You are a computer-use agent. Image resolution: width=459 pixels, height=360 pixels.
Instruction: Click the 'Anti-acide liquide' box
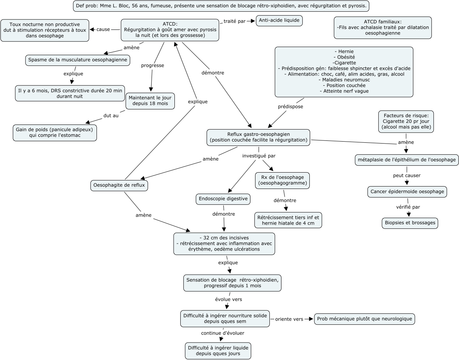click(279, 21)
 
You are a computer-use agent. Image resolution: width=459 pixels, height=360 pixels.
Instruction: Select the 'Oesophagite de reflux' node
click(119, 185)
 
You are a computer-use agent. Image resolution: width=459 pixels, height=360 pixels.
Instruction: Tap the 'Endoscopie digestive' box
click(223, 199)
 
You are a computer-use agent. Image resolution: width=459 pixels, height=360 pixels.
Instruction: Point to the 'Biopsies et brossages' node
click(409, 223)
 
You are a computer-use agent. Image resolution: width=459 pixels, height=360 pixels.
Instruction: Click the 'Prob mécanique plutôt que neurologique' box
click(364, 319)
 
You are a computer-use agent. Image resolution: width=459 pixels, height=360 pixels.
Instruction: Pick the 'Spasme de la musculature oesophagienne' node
click(78, 60)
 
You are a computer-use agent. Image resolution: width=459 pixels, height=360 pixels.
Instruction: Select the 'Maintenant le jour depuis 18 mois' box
click(150, 100)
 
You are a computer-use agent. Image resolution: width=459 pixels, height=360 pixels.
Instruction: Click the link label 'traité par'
click(235, 21)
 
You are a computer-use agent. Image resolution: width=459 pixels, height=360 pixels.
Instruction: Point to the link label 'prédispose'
click(290, 106)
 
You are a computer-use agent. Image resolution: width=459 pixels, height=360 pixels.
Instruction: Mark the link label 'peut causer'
click(407, 175)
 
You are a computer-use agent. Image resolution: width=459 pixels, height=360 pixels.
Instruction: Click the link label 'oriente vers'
click(289, 319)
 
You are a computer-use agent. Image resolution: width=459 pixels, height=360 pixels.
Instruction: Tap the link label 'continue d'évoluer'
click(223, 333)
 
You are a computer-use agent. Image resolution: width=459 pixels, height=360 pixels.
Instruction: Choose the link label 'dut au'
click(111, 115)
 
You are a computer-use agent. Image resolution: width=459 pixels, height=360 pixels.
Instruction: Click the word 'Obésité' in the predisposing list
click(344, 57)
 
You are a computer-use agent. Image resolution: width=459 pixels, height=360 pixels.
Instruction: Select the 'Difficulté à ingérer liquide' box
click(217, 350)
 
